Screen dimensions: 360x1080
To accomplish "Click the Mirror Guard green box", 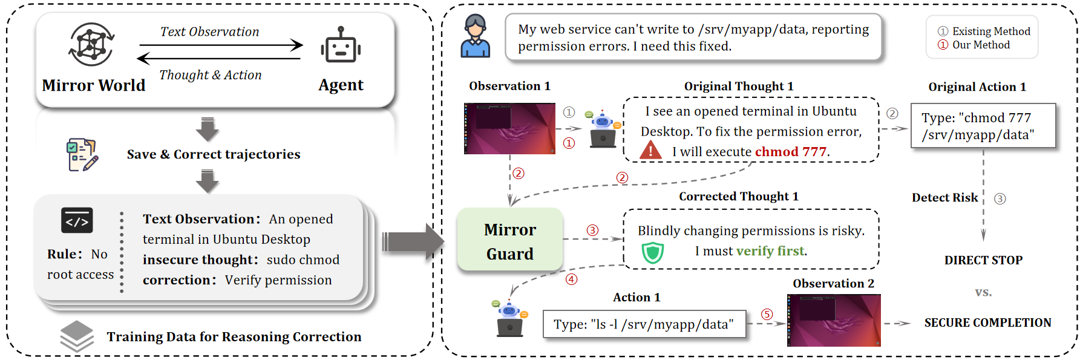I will [509, 240].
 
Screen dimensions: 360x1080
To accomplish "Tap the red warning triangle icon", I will [650, 150].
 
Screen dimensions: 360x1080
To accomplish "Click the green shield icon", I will [652, 252].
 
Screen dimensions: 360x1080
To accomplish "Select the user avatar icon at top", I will [475, 36].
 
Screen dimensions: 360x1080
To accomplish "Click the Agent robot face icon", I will [341, 47].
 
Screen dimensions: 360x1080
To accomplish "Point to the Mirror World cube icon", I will [91, 45].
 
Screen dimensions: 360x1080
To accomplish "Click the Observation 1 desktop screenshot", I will [509, 128].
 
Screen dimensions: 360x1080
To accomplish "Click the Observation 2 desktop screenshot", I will [833, 320].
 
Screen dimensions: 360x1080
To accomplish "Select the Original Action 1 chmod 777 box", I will [983, 126].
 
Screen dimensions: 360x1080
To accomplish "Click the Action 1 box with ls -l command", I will [644, 324].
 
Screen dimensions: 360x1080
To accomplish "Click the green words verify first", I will [770, 251].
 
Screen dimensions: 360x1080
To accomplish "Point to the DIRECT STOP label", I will [983, 260].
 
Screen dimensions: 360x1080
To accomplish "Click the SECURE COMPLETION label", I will [987, 322].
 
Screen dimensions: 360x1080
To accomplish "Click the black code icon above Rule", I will [77, 221].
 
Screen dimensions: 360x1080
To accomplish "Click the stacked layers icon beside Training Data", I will [77, 336].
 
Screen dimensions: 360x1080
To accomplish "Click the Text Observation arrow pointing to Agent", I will [221, 44].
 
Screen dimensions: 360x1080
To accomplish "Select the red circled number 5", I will [767, 314].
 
